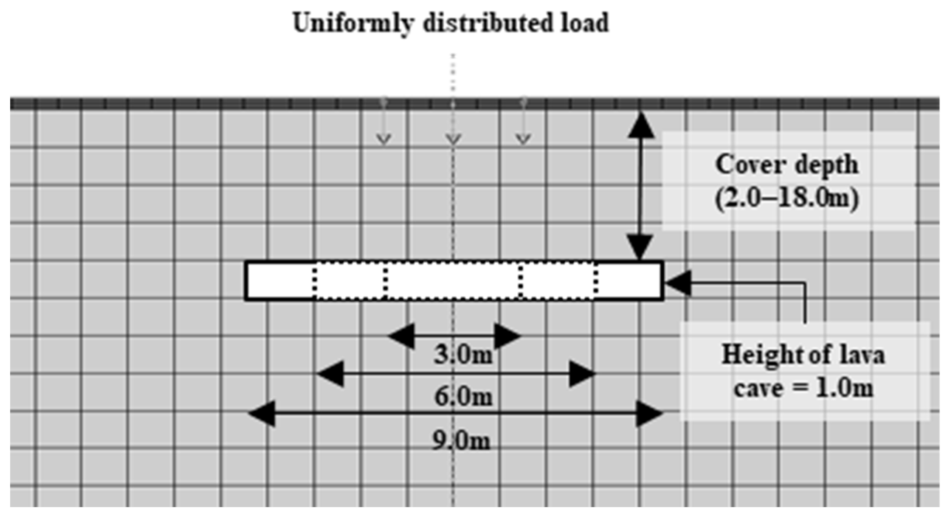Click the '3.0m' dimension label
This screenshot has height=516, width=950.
[463, 355]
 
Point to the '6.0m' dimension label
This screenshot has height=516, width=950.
[463, 397]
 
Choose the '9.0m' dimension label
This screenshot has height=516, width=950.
[461, 440]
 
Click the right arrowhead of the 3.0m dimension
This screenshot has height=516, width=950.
[507, 336]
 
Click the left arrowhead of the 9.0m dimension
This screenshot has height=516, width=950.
[262, 413]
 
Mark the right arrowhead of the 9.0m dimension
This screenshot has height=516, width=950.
[650, 413]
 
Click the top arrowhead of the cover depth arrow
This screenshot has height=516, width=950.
[641, 125]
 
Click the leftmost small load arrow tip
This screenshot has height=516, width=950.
[383, 140]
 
